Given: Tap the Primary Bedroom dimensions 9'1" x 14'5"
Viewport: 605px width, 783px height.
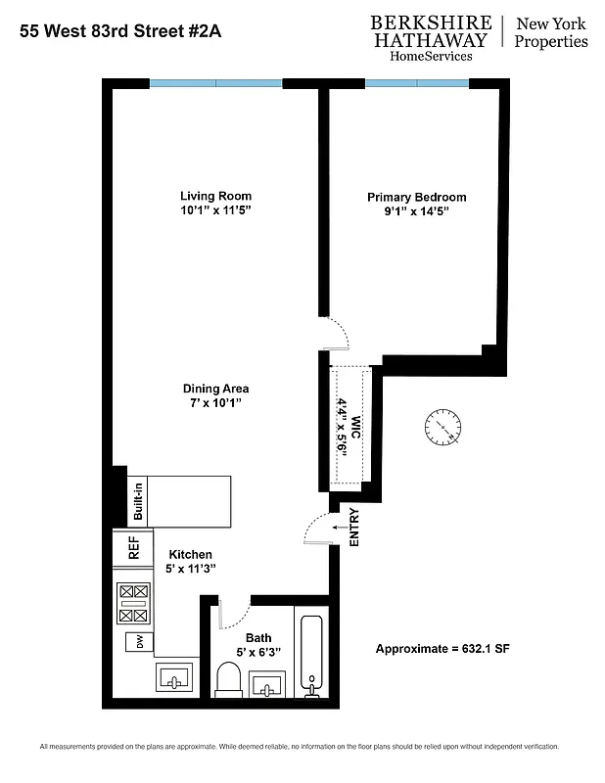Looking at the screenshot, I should [x=416, y=211].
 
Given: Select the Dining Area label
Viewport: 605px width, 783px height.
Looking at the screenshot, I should [x=216, y=388].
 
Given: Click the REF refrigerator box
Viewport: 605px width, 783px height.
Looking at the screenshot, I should [x=134, y=548].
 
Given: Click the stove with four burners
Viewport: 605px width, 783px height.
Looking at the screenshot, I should [x=134, y=603].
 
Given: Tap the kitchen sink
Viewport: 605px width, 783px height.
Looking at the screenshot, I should [x=173, y=677].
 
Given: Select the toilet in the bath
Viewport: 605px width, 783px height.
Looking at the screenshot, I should [x=229, y=681].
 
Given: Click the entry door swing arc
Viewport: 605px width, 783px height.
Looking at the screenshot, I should [x=315, y=529].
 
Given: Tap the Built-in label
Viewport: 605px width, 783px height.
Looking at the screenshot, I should [x=139, y=500].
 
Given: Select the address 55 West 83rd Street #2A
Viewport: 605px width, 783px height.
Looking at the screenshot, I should [x=120, y=31].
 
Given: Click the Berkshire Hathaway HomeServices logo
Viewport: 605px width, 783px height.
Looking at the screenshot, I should [x=430, y=38].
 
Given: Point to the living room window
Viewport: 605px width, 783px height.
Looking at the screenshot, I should [x=215, y=83].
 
